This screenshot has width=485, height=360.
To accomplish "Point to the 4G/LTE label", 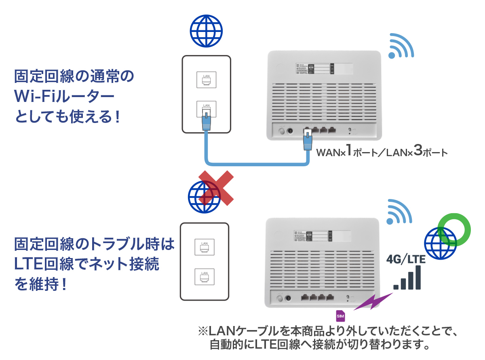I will click(x=406, y=259).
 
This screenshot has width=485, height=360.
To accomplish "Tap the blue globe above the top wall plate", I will click(x=206, y=31).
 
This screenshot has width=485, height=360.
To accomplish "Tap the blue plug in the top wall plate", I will click(x=207, y=120).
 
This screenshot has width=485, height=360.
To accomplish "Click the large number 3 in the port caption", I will click(x=418, y=151).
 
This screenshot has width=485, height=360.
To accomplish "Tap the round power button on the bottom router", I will click(x=279, y=299).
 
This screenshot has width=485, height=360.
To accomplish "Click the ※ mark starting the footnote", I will click(x=202, y=332).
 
